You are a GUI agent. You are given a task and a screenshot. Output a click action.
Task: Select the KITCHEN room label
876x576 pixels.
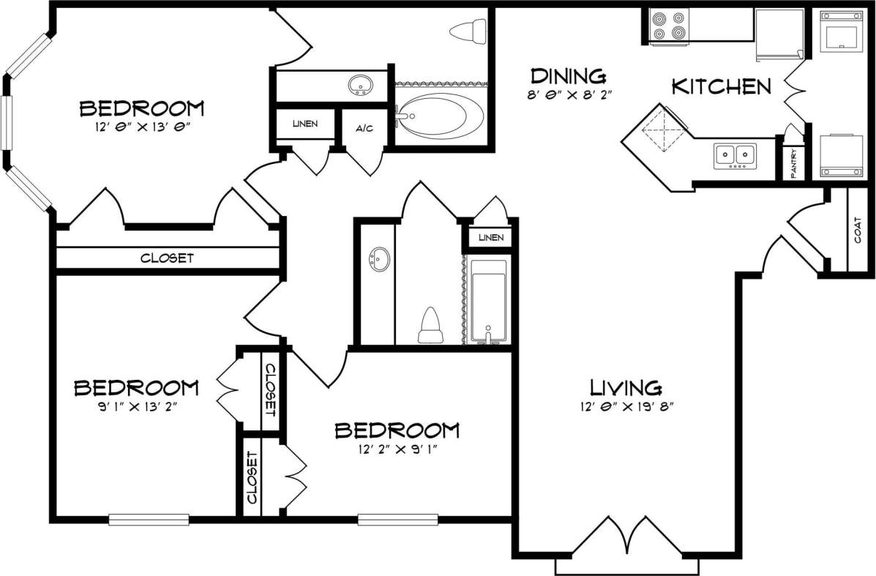click(721, 87)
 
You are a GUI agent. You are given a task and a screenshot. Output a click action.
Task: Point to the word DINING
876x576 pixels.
click(569, 75)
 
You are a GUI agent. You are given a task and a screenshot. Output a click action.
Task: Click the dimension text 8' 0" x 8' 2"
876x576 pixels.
click(569, 94)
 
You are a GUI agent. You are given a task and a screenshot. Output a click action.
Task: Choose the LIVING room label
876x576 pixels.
click(626, 387)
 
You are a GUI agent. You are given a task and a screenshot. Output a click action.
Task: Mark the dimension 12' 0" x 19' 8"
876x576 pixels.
click(626, 407)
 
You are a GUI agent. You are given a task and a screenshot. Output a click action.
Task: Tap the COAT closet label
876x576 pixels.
click(857, 231)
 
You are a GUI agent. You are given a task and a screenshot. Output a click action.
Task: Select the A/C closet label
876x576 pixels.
click(364, 128)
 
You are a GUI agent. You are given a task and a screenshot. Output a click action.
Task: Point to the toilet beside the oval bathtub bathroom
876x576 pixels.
click(468, 31)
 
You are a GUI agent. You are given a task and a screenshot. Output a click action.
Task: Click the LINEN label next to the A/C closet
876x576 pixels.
click(304, 124)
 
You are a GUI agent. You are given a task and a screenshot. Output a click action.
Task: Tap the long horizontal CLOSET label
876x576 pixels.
click(167, 258)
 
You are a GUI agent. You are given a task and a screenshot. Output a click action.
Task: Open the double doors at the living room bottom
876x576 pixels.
click(626, 538)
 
